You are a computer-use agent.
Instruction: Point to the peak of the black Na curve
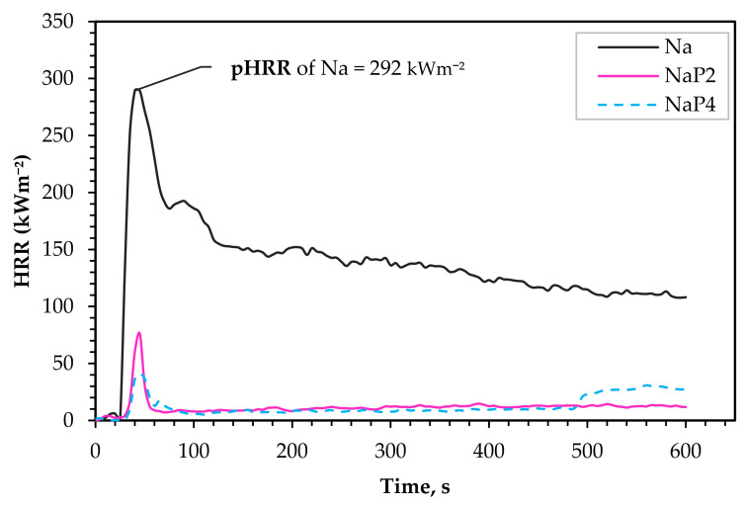click(x=137, y=89)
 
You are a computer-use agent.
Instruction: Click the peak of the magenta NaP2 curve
click(x=139, y=332)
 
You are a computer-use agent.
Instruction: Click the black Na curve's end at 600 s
click(x=685, y=296)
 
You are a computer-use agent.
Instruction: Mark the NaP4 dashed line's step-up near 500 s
click(x=584, y=397)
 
